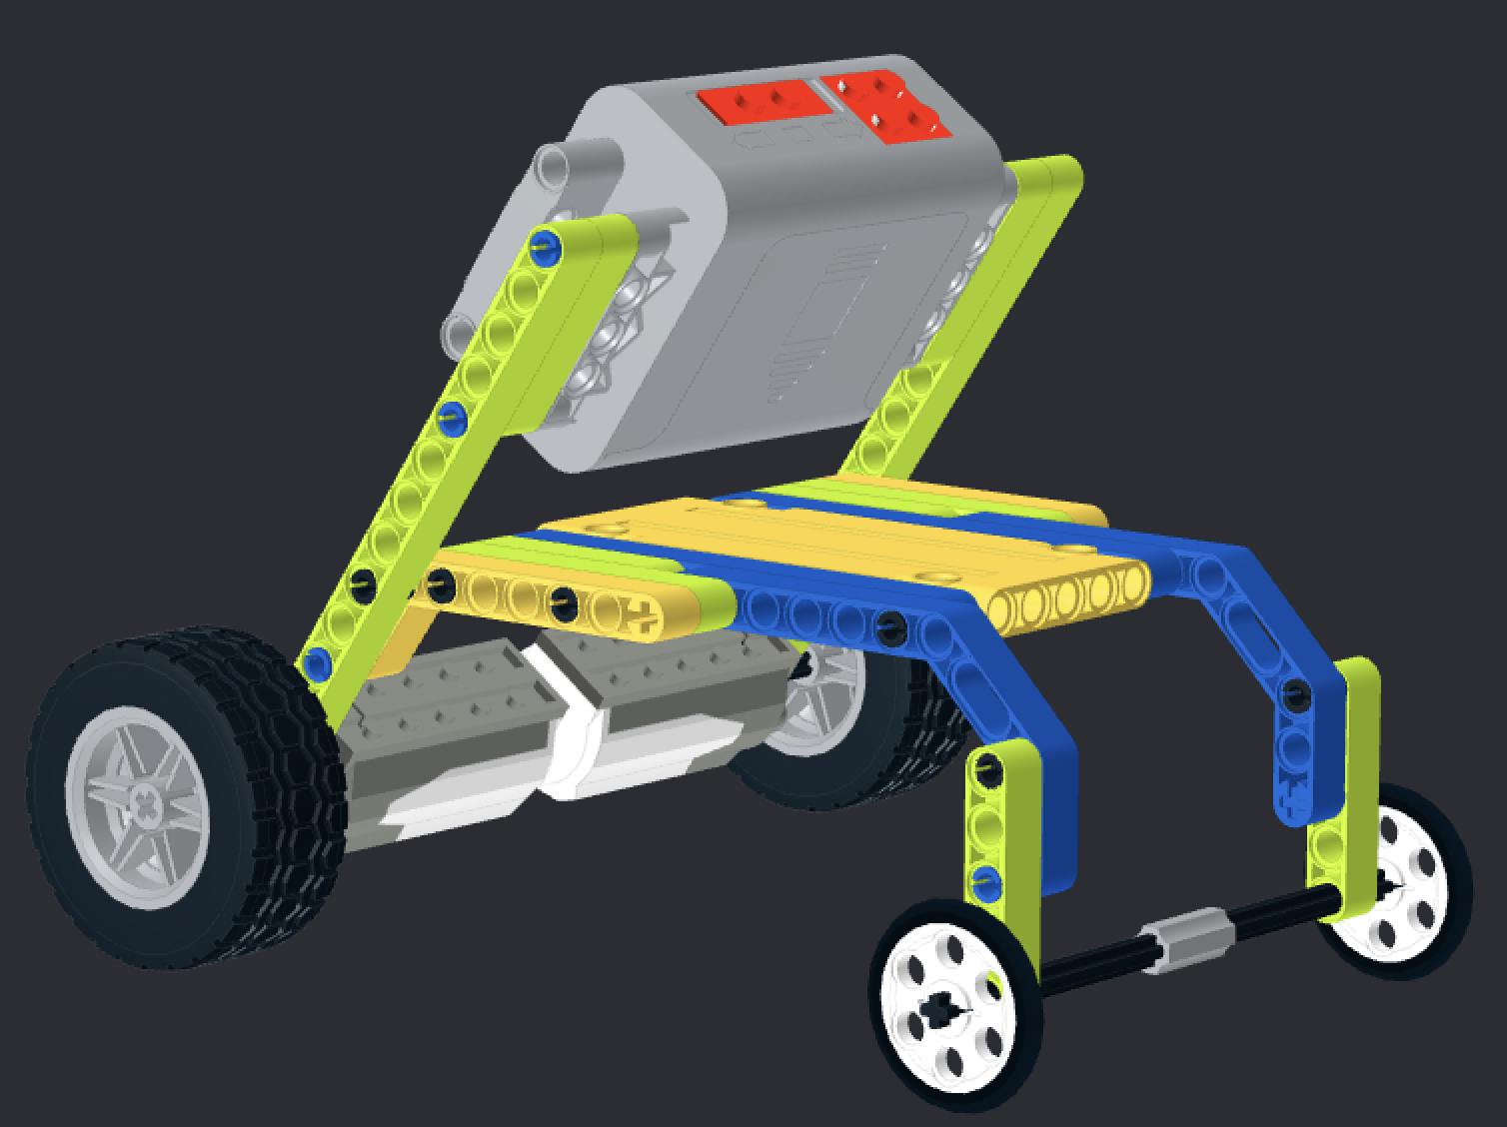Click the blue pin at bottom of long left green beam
[x=318, y=660]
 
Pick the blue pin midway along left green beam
[x=451, y=415]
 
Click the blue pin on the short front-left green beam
[x=984, y=880]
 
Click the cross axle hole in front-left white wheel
[x=939, y=1009]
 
